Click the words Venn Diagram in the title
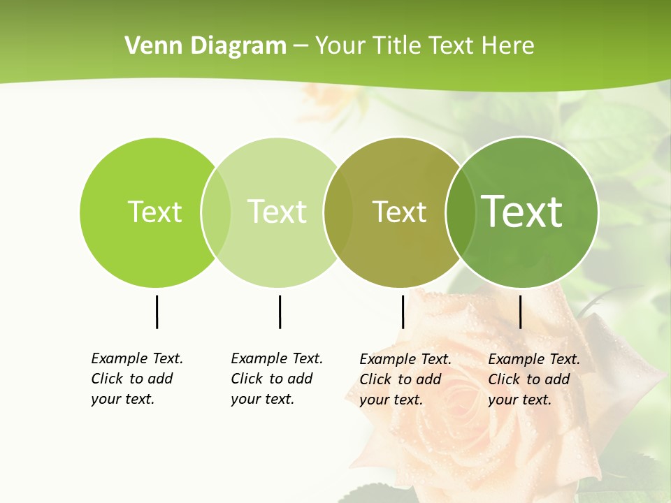[205, 46]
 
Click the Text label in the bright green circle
[154, 212]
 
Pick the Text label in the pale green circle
[277, 212]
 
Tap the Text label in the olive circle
[399, 212]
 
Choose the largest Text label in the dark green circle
[522, 212]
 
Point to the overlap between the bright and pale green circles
[216, 212]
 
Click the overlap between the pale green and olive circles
[339, 212]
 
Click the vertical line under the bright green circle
[157, 312]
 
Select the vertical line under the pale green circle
[280, 312]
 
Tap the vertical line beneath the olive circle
[403, 312]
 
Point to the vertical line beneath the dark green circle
[520, 312]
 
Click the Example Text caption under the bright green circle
[136, 379]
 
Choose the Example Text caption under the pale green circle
[276, 379]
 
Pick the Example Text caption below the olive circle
[405, 379]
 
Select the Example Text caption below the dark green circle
[533, 379]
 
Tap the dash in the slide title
[301, 47]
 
